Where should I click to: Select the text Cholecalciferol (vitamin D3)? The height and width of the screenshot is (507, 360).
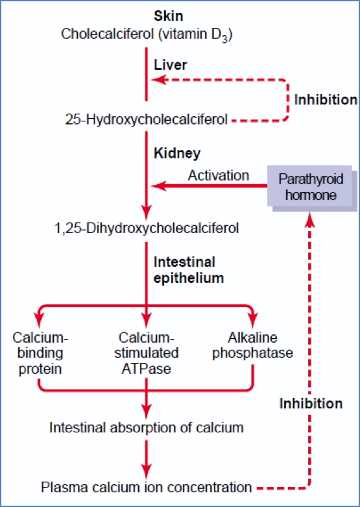click(147, 33)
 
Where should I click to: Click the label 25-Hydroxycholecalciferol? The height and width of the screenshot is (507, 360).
click(147, 119)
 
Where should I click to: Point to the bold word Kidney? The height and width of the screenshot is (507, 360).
click(176, 154)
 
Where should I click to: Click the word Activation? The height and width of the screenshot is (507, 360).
click(218, 175)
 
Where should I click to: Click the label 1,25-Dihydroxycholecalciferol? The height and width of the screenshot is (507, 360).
click(147, 229)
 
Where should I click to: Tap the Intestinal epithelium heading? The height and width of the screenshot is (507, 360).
click(184, 269)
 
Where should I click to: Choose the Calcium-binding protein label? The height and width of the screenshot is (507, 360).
click(40, 353)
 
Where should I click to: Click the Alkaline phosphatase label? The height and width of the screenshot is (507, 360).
click(252, 345)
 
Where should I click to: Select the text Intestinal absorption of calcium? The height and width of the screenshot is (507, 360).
click(147, 427)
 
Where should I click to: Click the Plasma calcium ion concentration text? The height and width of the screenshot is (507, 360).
click(147, 487)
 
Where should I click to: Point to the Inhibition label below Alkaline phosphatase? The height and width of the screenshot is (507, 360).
click(311, 403)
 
